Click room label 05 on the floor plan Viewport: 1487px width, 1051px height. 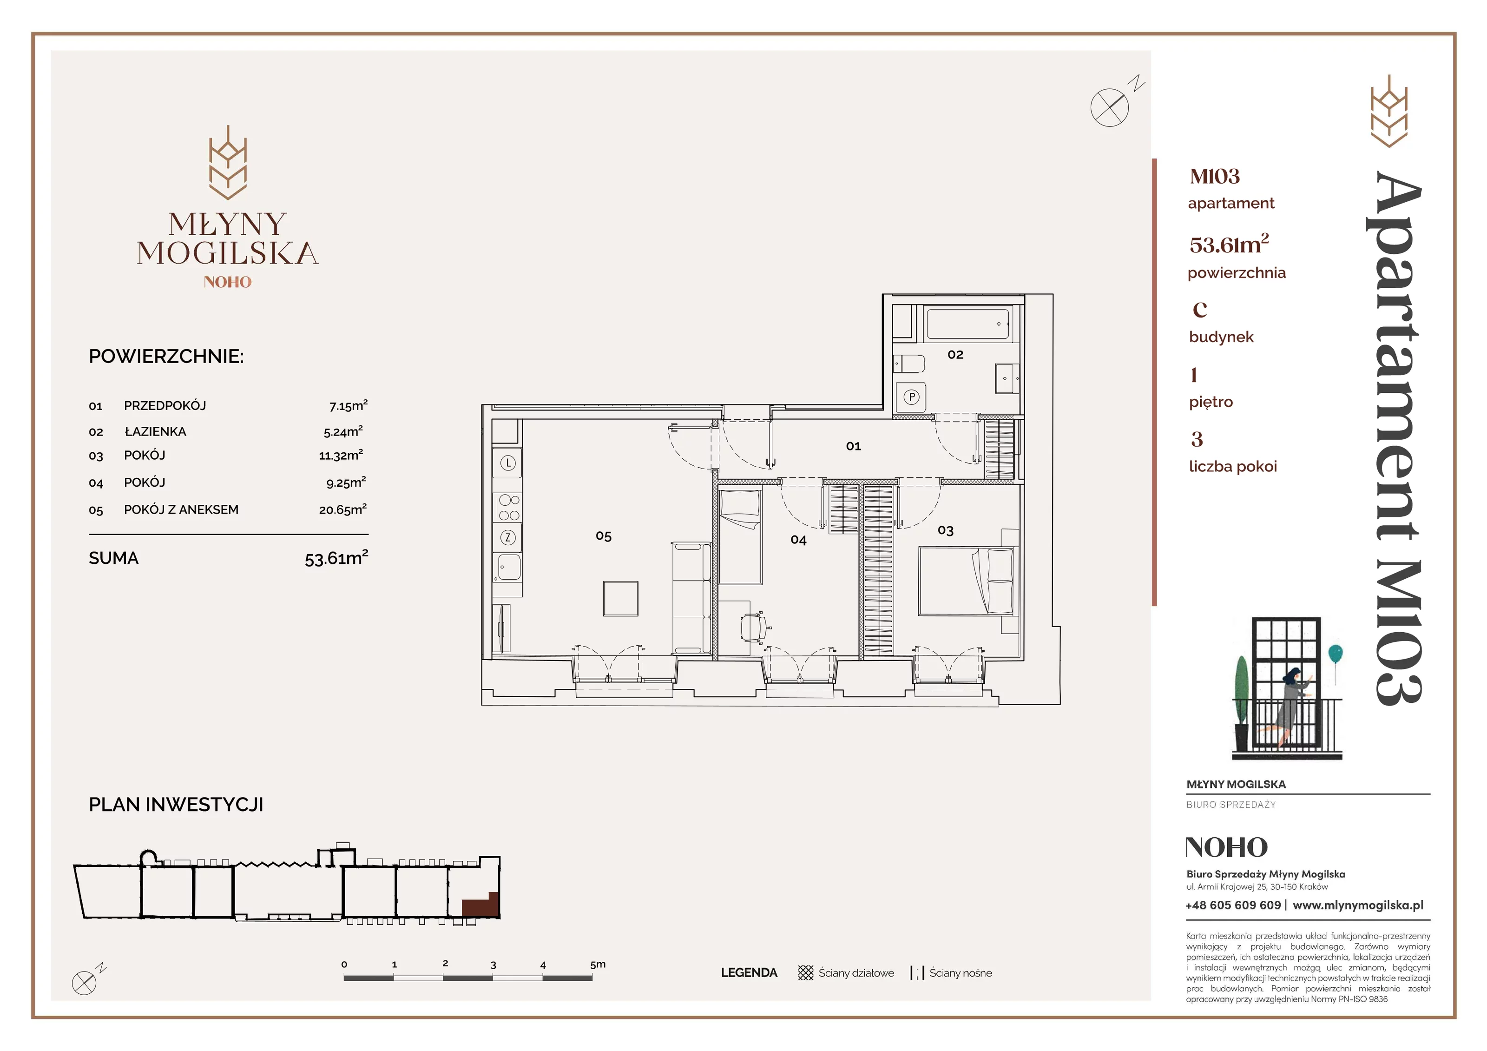pos(603,536)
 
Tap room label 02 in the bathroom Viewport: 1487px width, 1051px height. pos(955,354)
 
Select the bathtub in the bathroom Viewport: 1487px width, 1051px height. pos(967,324)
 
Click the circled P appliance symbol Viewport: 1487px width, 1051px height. pos(912,397)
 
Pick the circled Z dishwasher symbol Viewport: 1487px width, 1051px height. pos(508,537)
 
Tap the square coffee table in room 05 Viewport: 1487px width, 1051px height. pos(620,598)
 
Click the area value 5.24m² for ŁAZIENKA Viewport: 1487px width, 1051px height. pos(343,431)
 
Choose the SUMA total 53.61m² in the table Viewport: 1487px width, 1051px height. pos(336,557)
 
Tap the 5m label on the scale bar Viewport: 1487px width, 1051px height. pos(598,964)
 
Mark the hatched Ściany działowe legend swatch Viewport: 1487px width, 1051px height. pos(806,972)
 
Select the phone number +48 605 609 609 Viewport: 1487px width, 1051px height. pos(1233,905)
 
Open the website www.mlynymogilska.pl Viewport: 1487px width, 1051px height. pos(1358,905)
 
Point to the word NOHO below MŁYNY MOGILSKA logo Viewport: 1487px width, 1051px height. pos(227,282)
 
